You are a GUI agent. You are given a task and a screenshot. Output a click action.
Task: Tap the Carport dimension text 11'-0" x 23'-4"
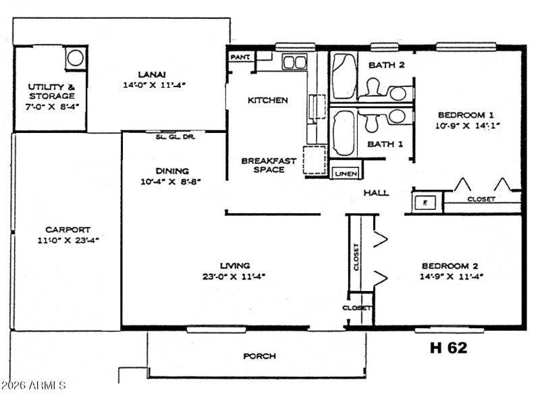point(68,240)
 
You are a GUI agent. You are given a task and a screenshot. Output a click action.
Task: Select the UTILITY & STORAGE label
point(51,91)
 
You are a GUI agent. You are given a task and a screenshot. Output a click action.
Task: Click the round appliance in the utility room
point(75,58)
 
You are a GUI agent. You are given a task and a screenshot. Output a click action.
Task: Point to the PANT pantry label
point(239,57)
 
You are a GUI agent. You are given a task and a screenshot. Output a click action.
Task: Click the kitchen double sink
point(294,62)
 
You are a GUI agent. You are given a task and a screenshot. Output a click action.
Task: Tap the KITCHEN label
point(267,100)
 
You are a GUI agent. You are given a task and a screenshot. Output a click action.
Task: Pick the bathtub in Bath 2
point(344,76)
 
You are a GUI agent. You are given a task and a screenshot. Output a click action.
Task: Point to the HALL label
point(376,192)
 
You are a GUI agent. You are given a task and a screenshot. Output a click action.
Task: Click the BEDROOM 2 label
point(450,265)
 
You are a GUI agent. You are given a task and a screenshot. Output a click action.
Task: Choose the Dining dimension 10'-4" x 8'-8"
point(171,182)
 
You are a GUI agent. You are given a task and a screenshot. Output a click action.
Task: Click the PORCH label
point(259,356)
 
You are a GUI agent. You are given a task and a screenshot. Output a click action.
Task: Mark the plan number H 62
point(448,348)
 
